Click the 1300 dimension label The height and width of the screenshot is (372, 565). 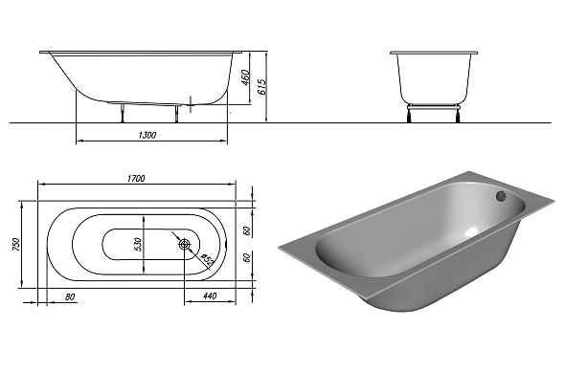(x=147, y=135)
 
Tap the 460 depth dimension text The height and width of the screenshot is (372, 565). (x=245, y=77)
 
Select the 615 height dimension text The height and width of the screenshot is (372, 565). (x=262, y=87)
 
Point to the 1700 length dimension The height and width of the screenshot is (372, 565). (x=136, y=179)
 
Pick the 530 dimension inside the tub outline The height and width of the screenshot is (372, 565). (x=139, y=244)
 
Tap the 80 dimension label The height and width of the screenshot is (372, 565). (x=70, y=296)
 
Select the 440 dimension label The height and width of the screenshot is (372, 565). (x=210, y=295)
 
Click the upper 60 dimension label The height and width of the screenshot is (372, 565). (x=247, y=230)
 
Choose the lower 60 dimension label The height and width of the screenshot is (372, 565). (x=247, y=257)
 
